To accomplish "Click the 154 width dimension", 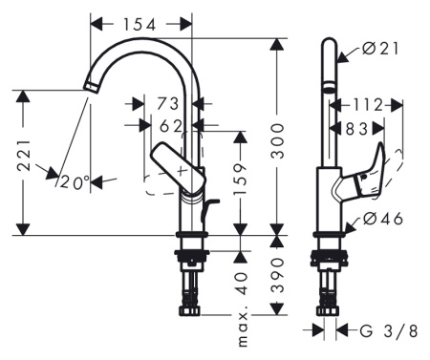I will (x=140, y=22).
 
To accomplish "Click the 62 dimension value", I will (x=171, y=124).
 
